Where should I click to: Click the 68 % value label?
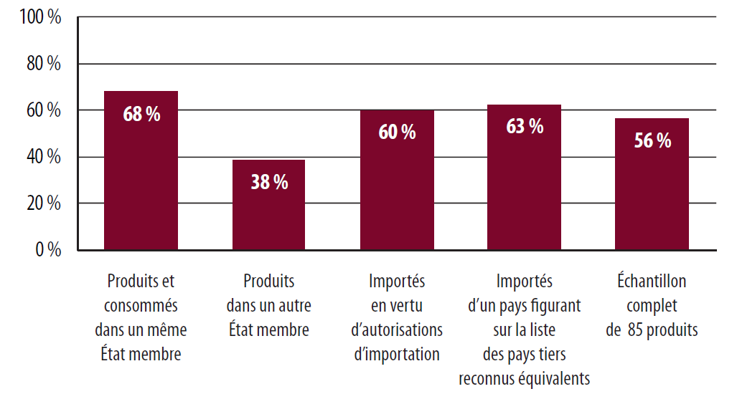coord(141,115)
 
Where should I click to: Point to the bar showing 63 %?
coord(525,186)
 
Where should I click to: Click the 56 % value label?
coord(652,141)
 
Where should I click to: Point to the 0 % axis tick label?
coord(48,250)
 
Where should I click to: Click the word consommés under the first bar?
coord(141,306)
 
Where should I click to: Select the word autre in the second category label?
coord(294,306)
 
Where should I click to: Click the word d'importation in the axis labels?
coord(397,355)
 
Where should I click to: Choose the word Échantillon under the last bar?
coord(652,282)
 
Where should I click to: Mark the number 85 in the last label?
coord(634,330)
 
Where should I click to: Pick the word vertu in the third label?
coord(408,306)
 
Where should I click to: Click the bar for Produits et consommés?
coord(141,186)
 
